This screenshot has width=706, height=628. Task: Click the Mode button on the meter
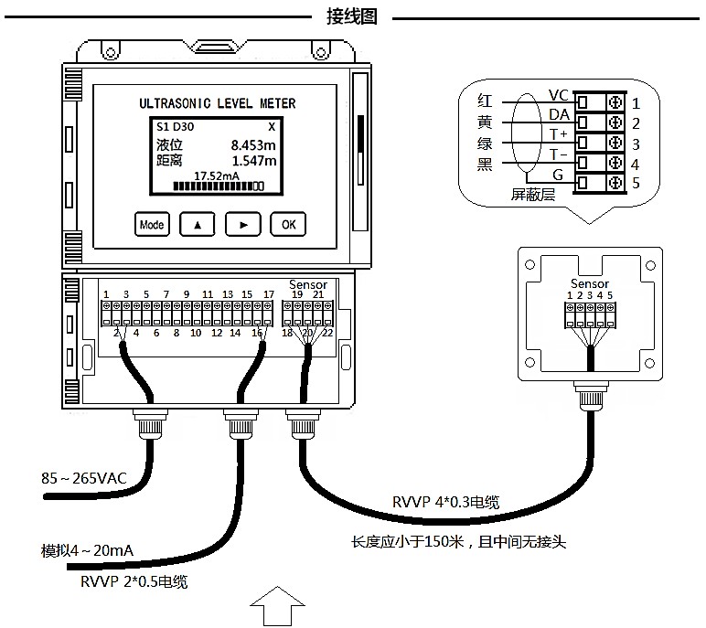[152, 224]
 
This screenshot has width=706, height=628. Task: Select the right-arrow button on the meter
[243, 224]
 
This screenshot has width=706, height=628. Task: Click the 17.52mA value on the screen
[217, 176]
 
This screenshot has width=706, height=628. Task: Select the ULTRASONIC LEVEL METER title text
[217, 104]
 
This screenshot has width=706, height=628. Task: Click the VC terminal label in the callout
[559, 95]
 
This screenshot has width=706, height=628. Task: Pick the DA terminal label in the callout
[559, 115]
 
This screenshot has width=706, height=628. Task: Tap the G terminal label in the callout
[557, 175]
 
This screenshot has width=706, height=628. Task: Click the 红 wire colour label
[486, 99]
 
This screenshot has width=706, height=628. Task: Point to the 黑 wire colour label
[486, 165]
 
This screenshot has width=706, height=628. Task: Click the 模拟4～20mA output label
[88, 551]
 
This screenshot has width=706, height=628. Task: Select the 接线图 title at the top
[352, 16]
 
